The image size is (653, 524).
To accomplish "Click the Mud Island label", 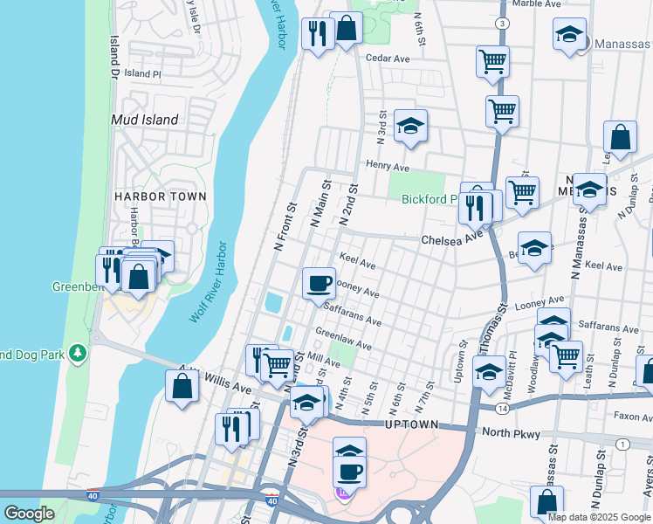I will coord(145,120).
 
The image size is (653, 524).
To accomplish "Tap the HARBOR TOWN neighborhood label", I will coord(161,196).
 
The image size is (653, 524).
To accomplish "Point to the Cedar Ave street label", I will coord(388,59).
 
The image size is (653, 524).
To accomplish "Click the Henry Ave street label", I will coord(388,166).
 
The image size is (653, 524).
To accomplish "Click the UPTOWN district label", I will coord(411,424).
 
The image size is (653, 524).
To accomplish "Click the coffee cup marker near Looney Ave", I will coord(318,282).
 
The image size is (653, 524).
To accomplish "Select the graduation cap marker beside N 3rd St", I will coord(409,127).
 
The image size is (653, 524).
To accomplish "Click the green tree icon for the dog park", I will coord(79,352).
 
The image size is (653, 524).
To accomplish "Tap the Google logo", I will coord(29,513).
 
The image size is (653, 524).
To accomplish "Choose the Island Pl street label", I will coord(143,74).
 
